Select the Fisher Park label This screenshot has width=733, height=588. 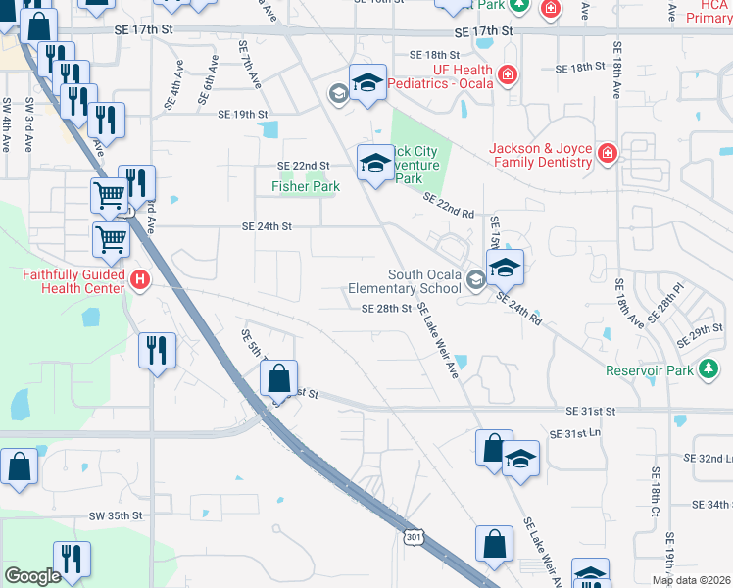(x=305, y=186)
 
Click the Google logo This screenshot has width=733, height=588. (x=32, y=576)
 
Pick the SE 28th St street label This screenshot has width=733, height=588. (x=385, y=308)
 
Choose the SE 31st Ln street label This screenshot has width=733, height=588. (x=574, y=433)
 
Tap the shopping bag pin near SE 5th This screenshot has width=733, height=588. (x=279, y=377)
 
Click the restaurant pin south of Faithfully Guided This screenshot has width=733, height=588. (x=157, y=350)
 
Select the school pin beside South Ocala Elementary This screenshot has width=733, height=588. (x=505, y=267)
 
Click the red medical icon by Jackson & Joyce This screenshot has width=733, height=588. (x=607, y=153)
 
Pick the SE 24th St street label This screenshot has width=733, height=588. (x=268, y=226)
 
